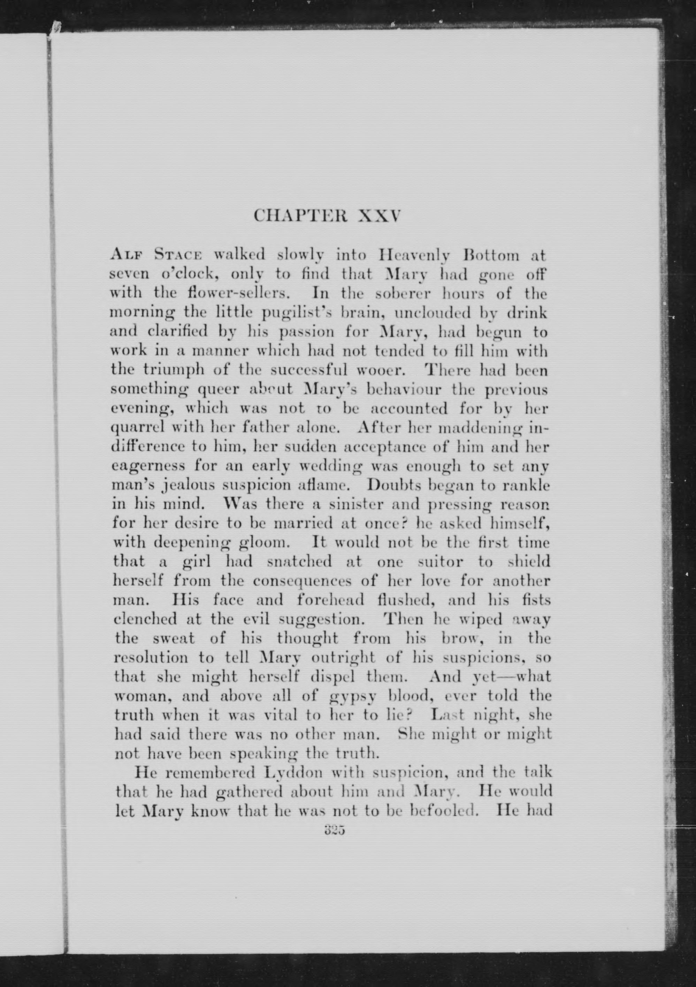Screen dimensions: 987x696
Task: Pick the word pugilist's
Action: point(293,313)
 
